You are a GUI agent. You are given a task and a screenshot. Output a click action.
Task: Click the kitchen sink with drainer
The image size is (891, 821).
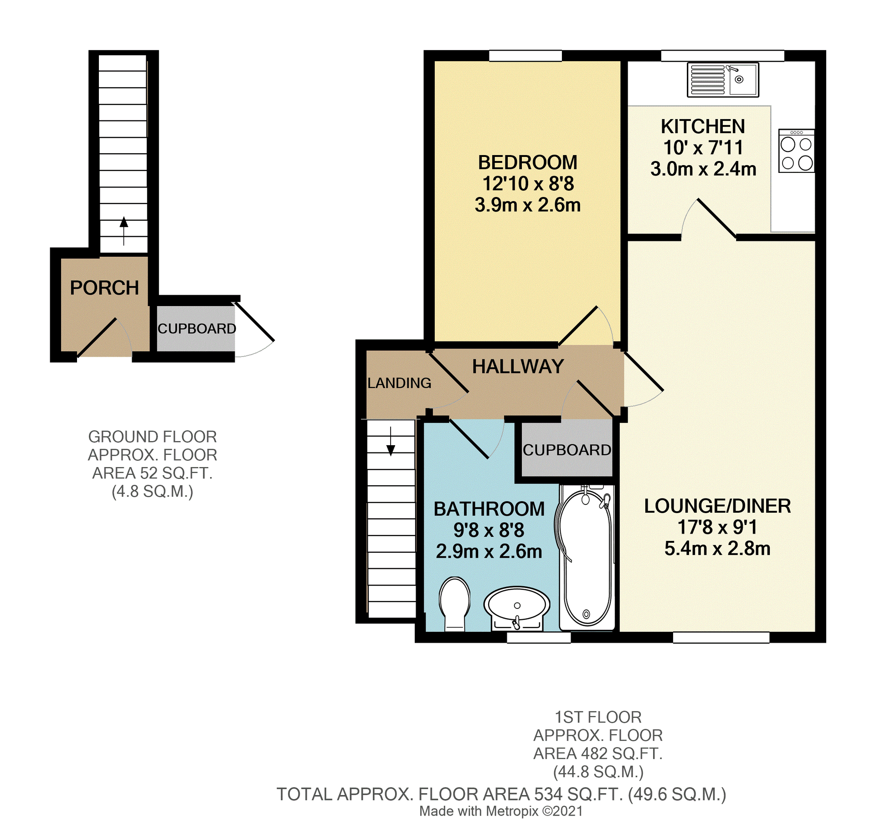[723, 80]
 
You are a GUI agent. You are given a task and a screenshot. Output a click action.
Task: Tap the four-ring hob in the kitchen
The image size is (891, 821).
[796, 151]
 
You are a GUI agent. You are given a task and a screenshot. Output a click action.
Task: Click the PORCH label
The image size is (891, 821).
[104, 288]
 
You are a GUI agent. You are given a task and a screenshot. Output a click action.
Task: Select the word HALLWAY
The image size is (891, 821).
[518, 366]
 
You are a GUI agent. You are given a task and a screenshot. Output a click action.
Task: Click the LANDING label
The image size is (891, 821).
[399, 383]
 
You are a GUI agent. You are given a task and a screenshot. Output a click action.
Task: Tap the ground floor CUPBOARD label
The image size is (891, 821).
[196, 328]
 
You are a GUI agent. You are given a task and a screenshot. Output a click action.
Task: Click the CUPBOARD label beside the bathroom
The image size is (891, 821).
[567, 450]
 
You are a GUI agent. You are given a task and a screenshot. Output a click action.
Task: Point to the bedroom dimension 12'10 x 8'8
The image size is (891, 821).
[528, 183]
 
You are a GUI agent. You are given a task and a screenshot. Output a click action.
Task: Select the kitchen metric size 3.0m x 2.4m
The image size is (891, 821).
[703, 169]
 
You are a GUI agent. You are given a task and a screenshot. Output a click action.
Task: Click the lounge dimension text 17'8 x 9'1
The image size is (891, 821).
[717, 527]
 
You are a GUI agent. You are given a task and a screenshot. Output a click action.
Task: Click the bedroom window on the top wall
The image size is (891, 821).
[525, 56]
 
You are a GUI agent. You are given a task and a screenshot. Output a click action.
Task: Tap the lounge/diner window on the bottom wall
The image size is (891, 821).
[721, 637]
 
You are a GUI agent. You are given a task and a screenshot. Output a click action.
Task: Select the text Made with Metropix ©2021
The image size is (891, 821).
[500, 811]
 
